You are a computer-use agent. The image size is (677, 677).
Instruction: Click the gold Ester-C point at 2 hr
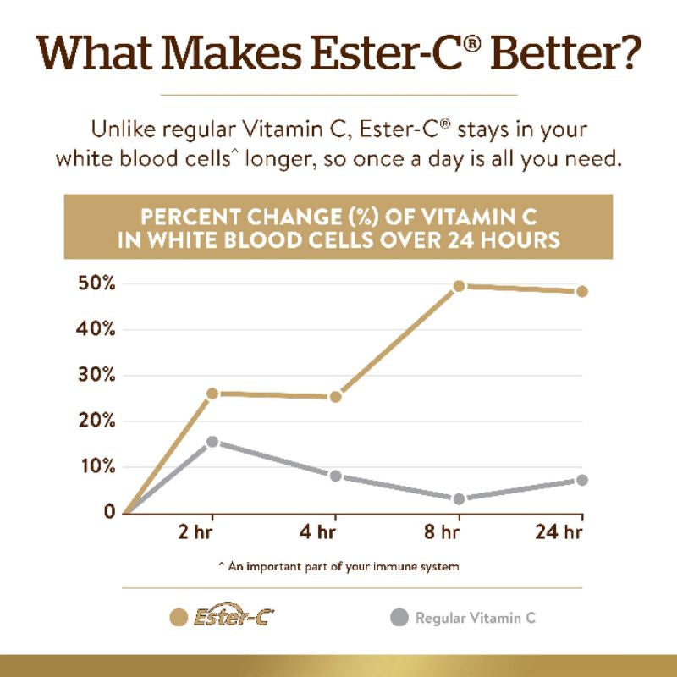212,394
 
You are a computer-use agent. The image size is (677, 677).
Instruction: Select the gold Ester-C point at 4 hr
335,396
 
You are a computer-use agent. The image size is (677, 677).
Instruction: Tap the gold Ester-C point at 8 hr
459,286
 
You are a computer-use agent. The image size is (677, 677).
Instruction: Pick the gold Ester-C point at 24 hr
581,292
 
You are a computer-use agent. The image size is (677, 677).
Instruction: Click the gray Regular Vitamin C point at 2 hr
212,442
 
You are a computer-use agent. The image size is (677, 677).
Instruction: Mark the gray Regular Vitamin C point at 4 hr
335,476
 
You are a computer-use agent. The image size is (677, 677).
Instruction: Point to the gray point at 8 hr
459,498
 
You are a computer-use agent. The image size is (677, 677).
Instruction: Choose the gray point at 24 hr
581,480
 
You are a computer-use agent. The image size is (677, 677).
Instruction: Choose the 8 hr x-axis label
440,534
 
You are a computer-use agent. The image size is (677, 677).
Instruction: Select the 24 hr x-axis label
559,534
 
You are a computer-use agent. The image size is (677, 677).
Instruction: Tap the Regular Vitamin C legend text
476,618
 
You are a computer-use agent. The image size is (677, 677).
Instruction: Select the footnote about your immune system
338,566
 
